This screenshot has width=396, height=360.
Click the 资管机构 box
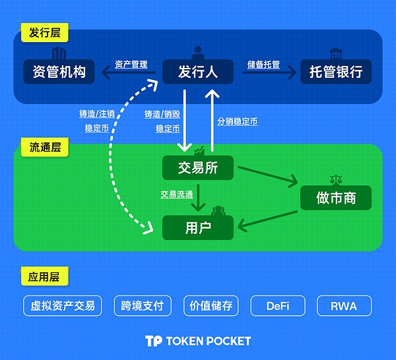(x=59, y=71)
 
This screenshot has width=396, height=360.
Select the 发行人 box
(x=198, y=71)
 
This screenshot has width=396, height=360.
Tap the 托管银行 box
(x=336, y=71)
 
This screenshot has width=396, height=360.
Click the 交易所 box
(x=198, y=167)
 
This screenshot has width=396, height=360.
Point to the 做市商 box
(x=336, y=197)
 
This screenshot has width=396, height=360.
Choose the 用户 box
(x=198, y=228)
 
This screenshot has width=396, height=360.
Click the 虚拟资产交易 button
(x=63, y=306)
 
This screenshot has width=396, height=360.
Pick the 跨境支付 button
(x=143, y=306)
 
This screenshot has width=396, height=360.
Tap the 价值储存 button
(x=211, y=306)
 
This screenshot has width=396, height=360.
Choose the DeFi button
(x=277, y=306)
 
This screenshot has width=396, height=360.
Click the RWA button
(x=343, y=306)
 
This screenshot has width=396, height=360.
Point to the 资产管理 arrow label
(x=131, y=65)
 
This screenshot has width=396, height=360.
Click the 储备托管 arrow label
(x=263, y=65)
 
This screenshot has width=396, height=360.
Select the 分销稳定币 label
(x=237, y=121)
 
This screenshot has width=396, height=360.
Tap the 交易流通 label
(x=176, y=195)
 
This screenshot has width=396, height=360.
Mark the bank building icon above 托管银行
(x=335, y=53)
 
